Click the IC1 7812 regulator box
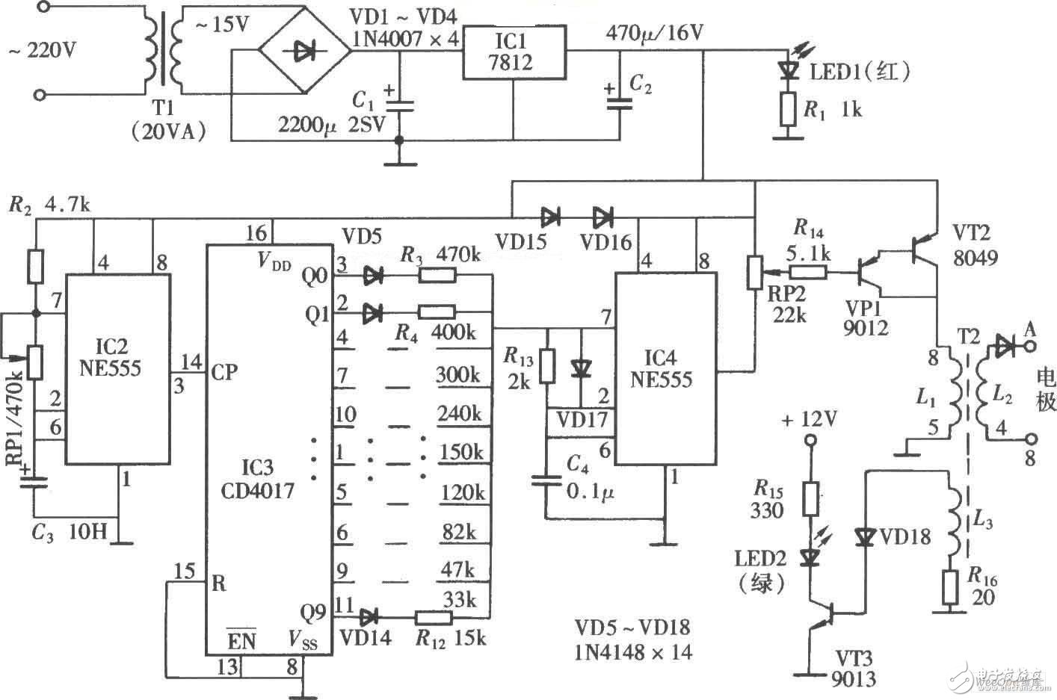tap(513, 52)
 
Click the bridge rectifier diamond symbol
tap(304, 52)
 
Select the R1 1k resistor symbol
tap(786, 109)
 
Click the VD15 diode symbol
tap(551, 218)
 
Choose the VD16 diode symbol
tap(603, 218)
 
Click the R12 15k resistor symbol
tap(433, 617)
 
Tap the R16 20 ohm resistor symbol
tap(949, 586)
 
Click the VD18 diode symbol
tap(866, 537)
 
